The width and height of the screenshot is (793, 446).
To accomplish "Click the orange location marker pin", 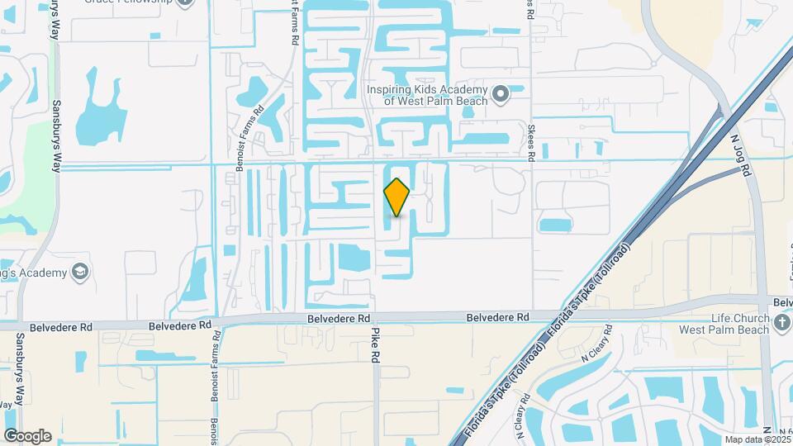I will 397,197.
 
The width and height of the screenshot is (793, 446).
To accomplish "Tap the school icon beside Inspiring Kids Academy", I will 500,94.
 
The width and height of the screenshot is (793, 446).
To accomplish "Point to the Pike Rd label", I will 375,345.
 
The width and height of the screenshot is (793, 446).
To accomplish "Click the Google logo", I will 27,436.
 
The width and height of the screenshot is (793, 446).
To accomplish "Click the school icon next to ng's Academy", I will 79,272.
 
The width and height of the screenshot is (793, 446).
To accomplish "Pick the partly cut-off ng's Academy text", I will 33,272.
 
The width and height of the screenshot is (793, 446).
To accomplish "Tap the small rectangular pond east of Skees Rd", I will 554,224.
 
